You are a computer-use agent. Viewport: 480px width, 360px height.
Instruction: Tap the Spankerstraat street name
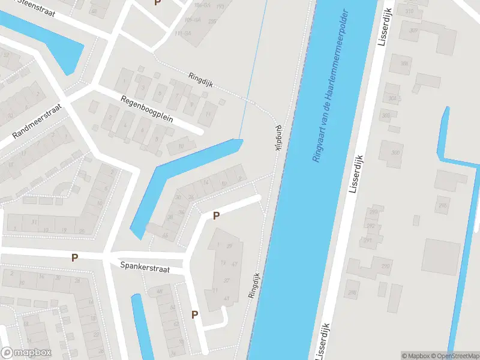(145, 267)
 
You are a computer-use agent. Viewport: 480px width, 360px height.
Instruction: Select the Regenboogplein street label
(146, 109)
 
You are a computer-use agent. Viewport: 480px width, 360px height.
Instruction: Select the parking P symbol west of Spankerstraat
(74, 258)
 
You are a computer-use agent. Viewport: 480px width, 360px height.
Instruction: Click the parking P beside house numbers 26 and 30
(217, 215)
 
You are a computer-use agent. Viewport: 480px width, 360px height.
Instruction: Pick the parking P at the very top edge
(158, 3)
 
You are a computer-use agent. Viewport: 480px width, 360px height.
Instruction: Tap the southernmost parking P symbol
(194, 314)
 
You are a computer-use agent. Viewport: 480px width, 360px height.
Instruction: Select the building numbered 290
(385, 266)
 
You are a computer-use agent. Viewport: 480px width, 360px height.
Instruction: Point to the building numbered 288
(352, 293)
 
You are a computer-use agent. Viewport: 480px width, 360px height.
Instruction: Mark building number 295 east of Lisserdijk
(442, 206)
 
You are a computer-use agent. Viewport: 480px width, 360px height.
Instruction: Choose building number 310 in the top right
(410, 11)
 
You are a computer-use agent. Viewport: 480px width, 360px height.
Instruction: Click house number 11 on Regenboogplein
(208, 114)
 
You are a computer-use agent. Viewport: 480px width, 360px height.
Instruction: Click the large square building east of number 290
(440, 256)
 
